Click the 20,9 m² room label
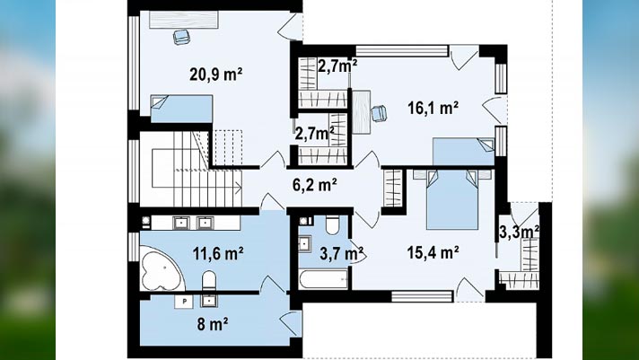[x=216, y=75]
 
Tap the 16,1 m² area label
[x=433, y=108]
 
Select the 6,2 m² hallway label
[x=315, y=185]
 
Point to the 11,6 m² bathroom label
[x=218, y=253]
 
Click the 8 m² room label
[x=213, y=324]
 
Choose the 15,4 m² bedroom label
[x=433, y=252]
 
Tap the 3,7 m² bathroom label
[x=342, y=253]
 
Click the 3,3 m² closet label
[x=519, y=232]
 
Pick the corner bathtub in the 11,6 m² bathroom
[x=160, y=268]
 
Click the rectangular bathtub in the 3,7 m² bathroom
[x=324, y=279]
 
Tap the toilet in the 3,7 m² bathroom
[x=333, y=225]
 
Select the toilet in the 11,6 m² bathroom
[x=209, y=280]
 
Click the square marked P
[x=184, y=302]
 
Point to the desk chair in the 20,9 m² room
[x=181, y=37]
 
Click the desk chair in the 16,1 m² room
[x=379, y=113]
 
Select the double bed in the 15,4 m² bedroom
[x=452, y=199]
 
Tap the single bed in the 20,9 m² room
[x=181, y=109]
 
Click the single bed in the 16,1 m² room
[x=463, y=152]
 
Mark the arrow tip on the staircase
[x=241, y=189]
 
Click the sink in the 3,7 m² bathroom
[x=304, y=244]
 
